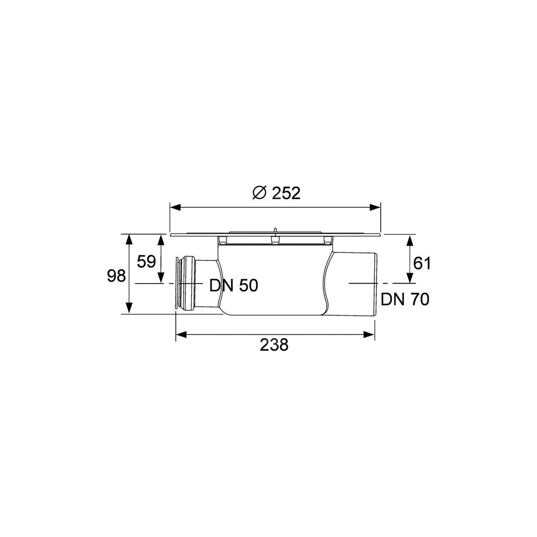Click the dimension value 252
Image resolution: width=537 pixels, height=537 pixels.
pos(286,193)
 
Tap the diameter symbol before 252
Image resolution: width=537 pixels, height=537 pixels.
pos(259,193)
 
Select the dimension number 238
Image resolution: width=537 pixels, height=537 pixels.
pos(274,345)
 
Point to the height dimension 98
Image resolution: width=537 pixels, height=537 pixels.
pos(117,276)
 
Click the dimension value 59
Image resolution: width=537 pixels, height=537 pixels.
pos(146,262)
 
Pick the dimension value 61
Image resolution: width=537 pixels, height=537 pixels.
pos(422,264)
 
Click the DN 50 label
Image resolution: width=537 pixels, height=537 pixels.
pos(234,286)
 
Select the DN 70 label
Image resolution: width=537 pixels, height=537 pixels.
pos(405,299)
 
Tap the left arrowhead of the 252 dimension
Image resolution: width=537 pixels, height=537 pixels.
pos(176,207)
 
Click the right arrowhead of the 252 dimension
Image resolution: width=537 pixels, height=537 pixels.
pos(375,207)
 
